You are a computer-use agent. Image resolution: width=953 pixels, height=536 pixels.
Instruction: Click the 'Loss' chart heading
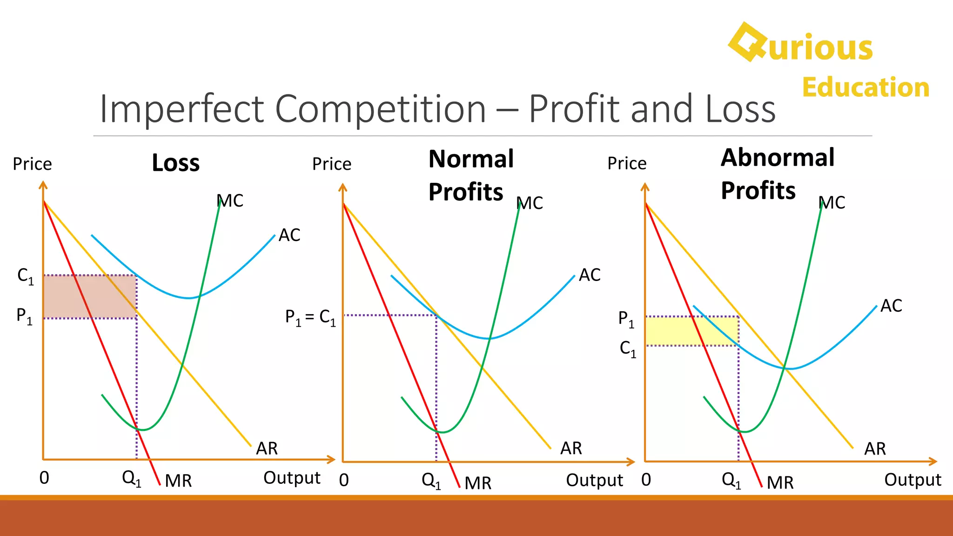pyautogui.click(x=175, y=163)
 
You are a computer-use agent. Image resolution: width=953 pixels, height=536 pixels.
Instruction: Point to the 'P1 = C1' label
pyautogui.click(x=310, y=318)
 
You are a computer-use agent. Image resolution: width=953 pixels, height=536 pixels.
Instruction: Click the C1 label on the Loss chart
pyautogui.click(x=25, y=276)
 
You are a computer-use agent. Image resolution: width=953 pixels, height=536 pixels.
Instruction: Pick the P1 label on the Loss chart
pyautogui.click(x=24, y=316)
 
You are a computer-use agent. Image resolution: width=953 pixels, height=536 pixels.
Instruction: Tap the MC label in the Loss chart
pyautogui.click(x=230, y=201)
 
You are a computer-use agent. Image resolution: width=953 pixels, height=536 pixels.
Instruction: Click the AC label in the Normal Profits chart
pyautogui.click(x=590, y=275)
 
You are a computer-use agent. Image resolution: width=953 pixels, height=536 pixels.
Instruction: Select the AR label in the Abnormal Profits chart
pyautogui.click(x=875, y=449)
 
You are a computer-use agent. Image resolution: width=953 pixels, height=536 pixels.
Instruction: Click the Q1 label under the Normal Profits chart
pyautogui.click(x=431, y=480)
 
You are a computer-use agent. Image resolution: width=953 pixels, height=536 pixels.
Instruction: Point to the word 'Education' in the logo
pyautogui.click(x=866, y=87)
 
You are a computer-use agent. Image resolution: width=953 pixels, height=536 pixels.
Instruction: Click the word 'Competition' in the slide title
pyautogui.click(x=381, y=109)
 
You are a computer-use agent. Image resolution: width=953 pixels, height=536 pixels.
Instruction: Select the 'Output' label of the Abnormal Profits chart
pyautogui.click(x=913, y=480)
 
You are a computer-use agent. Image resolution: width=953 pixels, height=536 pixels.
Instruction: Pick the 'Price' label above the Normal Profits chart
pyautogui.click(x=332, y=164)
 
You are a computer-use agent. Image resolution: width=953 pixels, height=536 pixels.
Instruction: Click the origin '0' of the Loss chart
pyautogui.click(x=44, y=478)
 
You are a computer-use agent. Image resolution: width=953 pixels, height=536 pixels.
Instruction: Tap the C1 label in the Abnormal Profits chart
pyautogui.click(x=627, y=348)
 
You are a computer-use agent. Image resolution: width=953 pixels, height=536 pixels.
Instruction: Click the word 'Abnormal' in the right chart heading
pyautogui.click(x=778, y=158)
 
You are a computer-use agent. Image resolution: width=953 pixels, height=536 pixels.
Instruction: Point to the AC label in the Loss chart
pyautogui.click(x=289, y=235)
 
